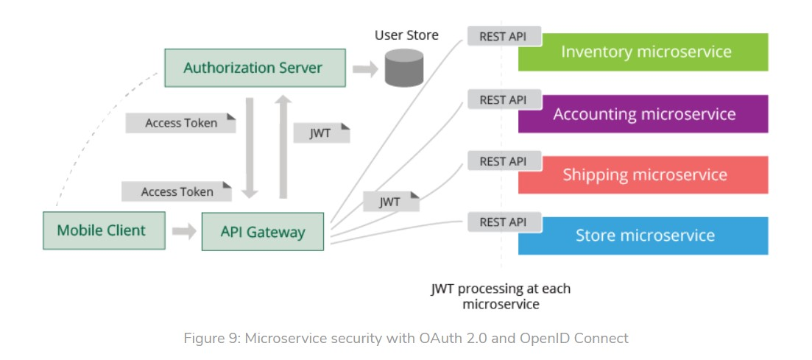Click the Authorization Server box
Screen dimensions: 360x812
point(254,68)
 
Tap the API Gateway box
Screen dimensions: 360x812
point(262,232)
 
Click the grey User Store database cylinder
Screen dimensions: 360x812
point(404,68)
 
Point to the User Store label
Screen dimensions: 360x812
point(406,35)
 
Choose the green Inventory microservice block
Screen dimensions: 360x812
point(643,52)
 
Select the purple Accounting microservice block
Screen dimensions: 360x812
point(643,114)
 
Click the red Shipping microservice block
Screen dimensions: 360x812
point(643,175)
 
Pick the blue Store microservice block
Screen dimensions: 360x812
point(643,236)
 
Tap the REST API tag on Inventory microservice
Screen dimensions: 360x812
point(504,36)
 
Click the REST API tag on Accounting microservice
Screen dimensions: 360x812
point(504,99)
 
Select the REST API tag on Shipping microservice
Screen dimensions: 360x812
point(504,160)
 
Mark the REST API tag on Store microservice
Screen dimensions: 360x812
point(504,222)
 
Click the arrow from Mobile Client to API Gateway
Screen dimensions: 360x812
point(184,231)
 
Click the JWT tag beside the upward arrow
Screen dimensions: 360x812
point(321,133)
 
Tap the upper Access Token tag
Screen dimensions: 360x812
point(180,123)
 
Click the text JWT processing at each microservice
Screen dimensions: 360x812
point(501,296)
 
